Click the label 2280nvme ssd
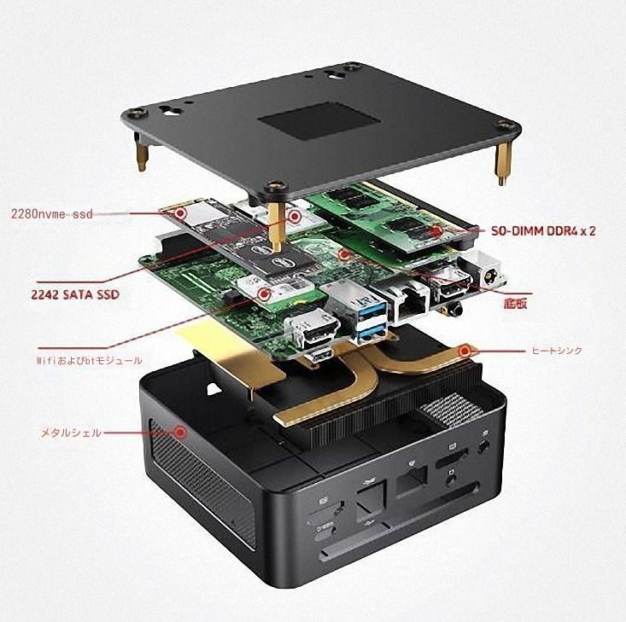51,214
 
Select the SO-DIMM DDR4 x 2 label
543,231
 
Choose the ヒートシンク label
557,350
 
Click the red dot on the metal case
180,433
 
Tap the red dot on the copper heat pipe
465,350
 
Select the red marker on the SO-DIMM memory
437,231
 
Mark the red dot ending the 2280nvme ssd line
295,217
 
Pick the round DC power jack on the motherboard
491,276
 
